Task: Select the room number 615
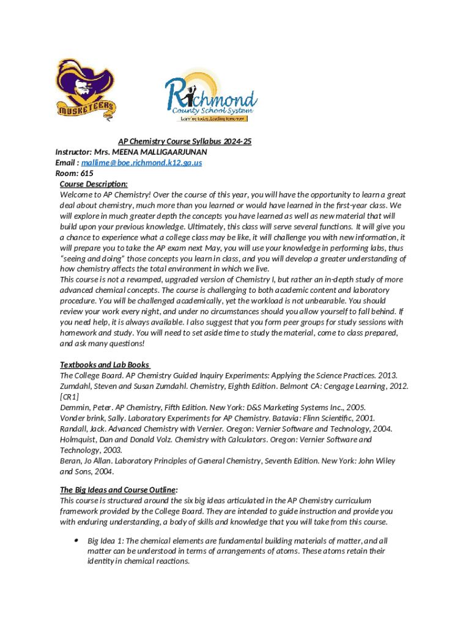click(x=86, y=173)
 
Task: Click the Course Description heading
click(x=94, y=183)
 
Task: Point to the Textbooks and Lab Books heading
click(x=104, y=365)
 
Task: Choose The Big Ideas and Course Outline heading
click(x=118, y=490)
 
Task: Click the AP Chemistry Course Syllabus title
click(x=184, y=141)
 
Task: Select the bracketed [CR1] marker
click(x=69, y=396)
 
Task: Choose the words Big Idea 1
click(x=105, y=541)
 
